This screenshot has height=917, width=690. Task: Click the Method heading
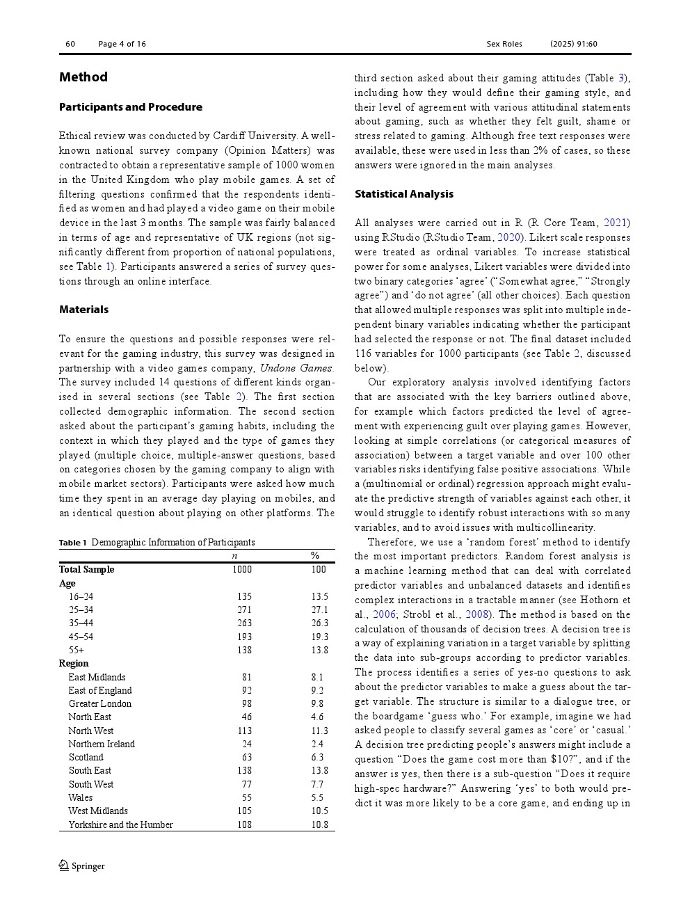pos(83,77)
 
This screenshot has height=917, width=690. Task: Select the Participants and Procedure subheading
pos(131,107)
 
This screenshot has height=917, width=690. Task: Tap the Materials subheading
pos(83,310)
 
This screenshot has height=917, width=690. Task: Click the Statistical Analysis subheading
pos(404,194)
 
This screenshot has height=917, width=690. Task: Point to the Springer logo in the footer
pos(82,866)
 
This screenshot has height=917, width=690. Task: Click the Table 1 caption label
pos(73,543)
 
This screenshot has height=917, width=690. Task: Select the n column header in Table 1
pos(234,556)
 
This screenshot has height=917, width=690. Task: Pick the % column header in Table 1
pos(315,556)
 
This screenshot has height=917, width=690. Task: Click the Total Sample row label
pos(87,570)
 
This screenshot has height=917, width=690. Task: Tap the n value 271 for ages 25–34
pos(244,610)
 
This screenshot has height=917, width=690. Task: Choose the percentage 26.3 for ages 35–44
pos(319,623)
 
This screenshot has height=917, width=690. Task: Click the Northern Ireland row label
pos(102,744)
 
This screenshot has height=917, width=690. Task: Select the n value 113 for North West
pos(244,731)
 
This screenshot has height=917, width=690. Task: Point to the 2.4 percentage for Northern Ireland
pos(317,744)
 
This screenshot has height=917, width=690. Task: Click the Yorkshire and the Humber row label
pos(120,825)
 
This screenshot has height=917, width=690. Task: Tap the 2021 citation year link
pos(615,223)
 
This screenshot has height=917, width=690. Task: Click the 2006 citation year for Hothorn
pos(384,614)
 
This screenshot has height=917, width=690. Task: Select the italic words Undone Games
pos(296,368)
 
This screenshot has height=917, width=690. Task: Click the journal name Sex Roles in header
pos(504,44)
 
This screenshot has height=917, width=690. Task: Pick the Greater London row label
pos(99,704)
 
